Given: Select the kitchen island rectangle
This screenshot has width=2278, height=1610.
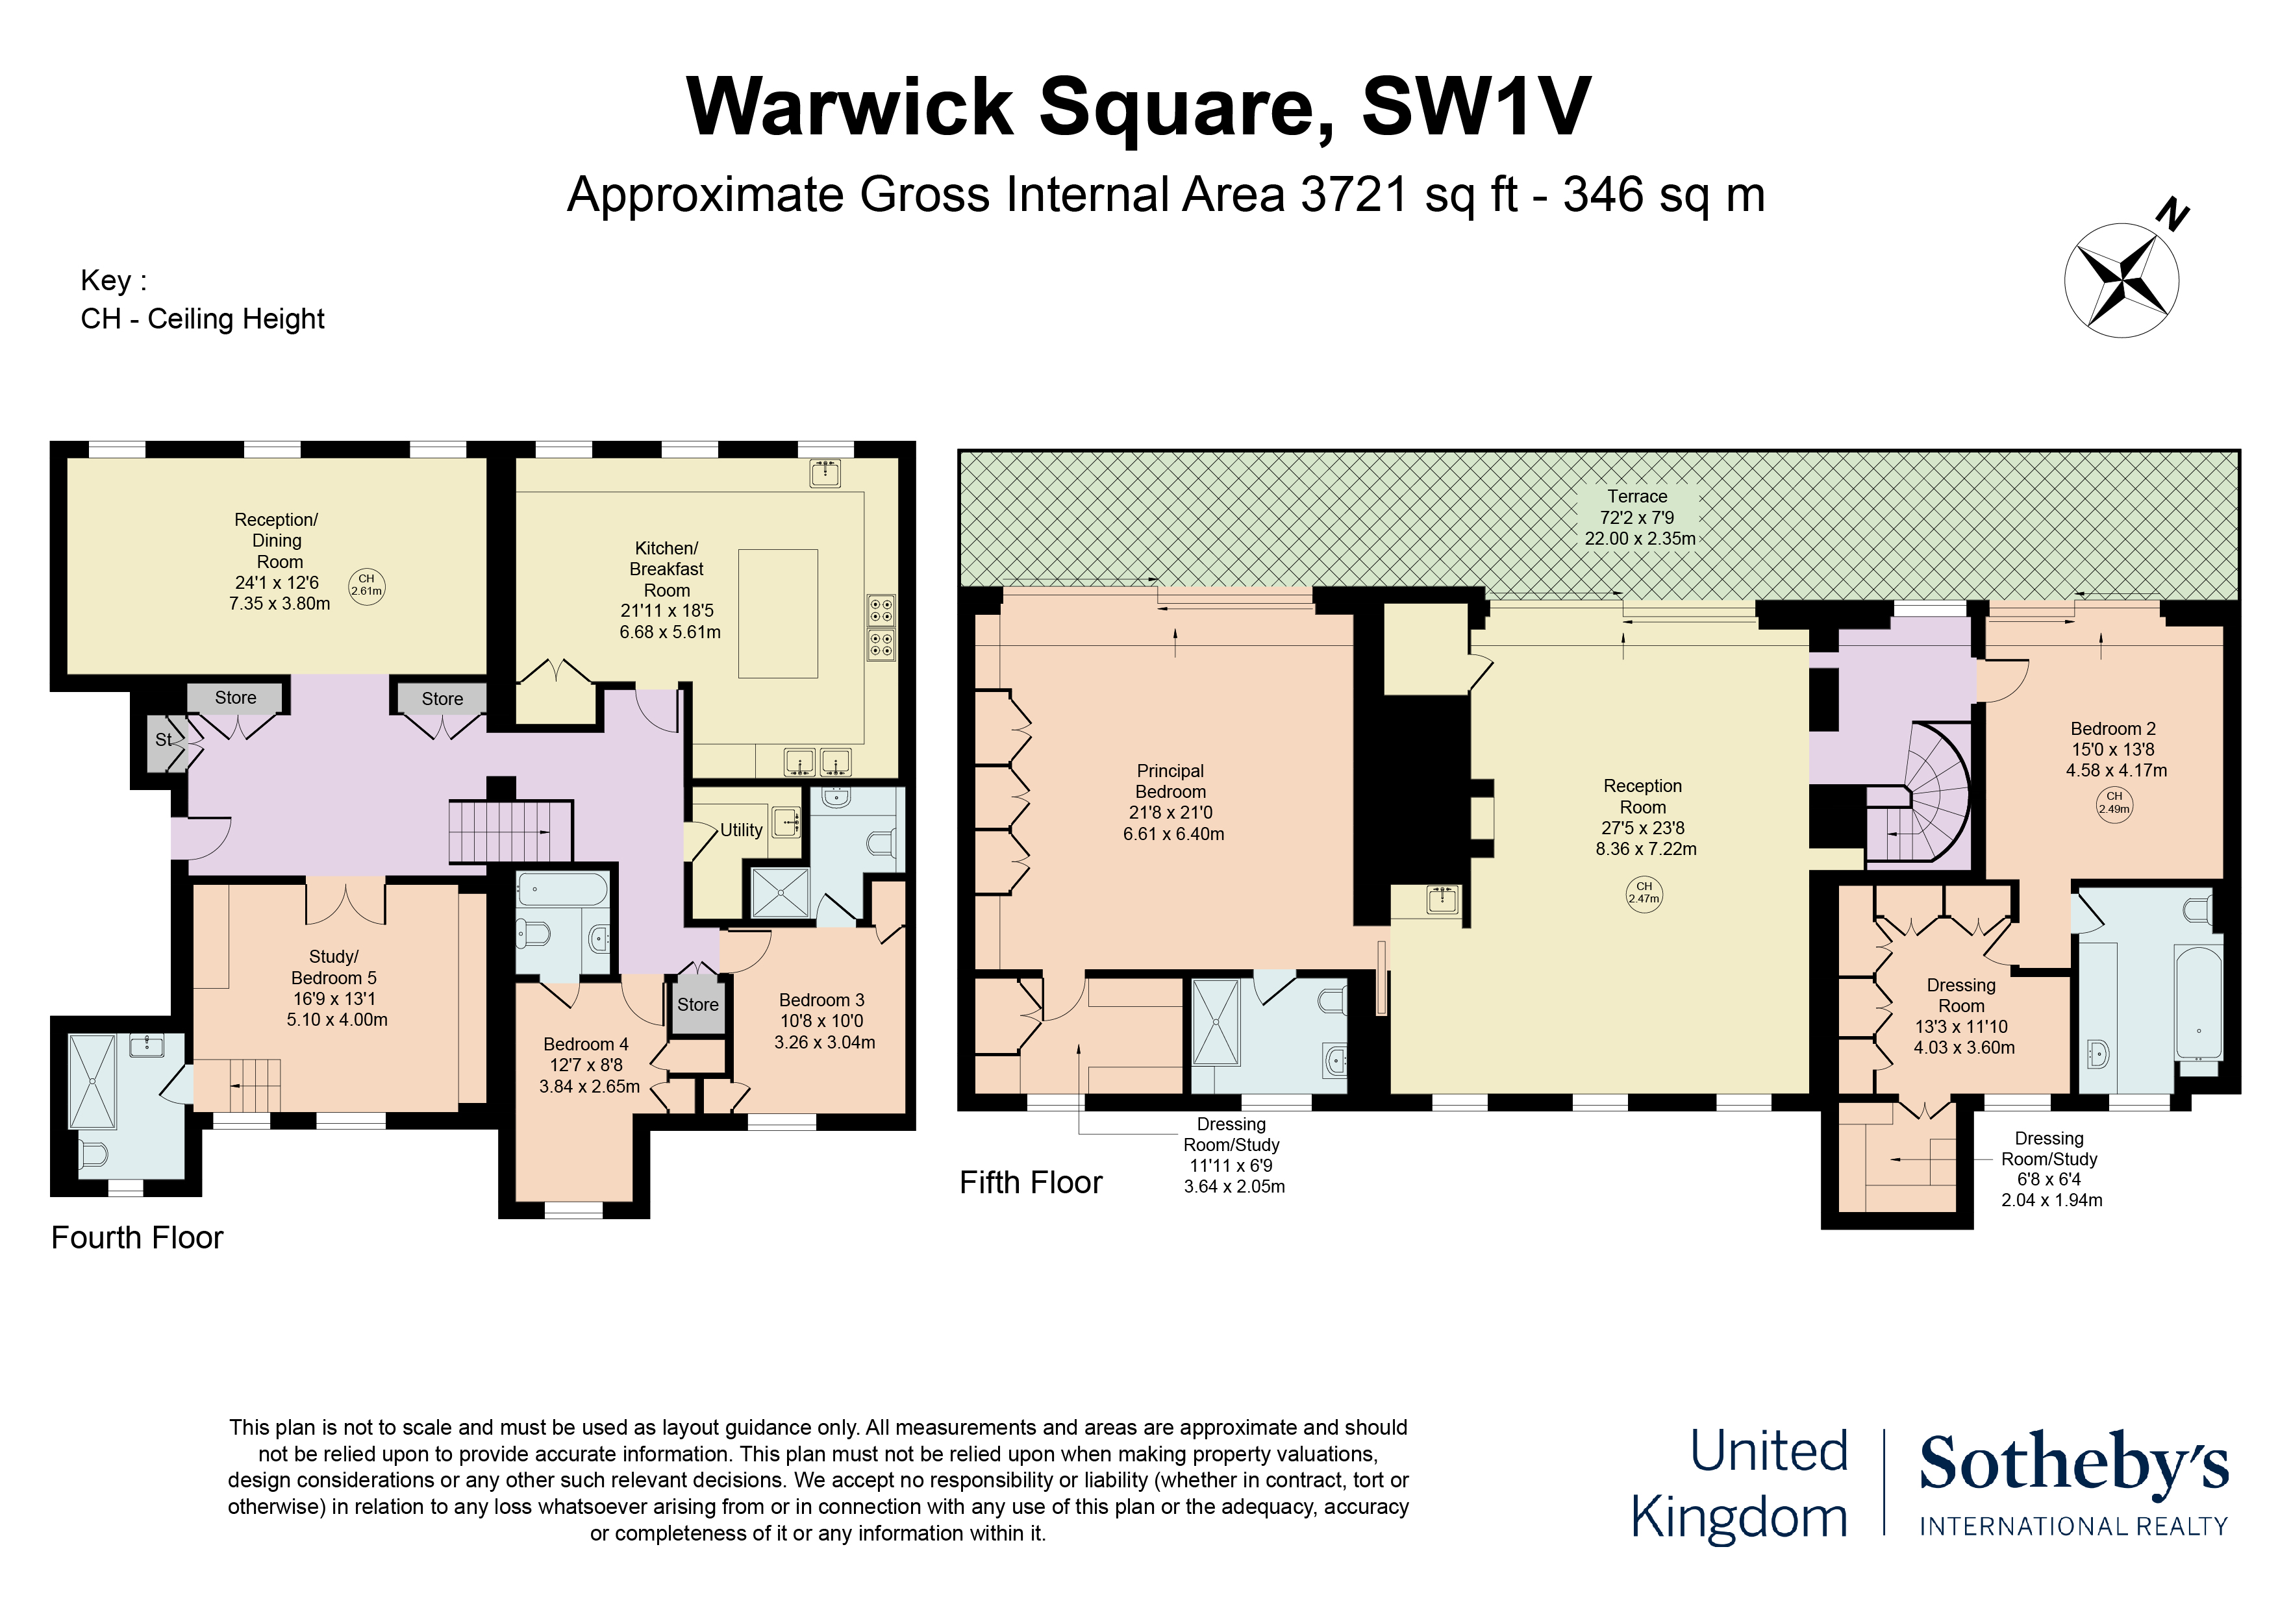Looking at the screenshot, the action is pos(778,613).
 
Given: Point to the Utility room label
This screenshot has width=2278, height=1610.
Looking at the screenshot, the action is pos(741,830).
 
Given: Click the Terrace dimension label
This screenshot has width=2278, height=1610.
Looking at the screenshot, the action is pos(1639,517).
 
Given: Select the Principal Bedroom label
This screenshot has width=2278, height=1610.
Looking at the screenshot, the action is pos(1173,802).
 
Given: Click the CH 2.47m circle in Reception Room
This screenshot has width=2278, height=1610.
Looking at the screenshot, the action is pos(1644,894).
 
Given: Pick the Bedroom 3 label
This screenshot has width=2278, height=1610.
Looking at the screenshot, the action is pos(823,1021).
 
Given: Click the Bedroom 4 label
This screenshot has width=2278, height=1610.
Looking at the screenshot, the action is pos(588,1065).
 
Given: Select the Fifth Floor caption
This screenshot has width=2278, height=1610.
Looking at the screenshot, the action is pos(1031,1182).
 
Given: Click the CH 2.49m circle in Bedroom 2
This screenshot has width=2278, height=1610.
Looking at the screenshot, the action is pos(2114,802).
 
